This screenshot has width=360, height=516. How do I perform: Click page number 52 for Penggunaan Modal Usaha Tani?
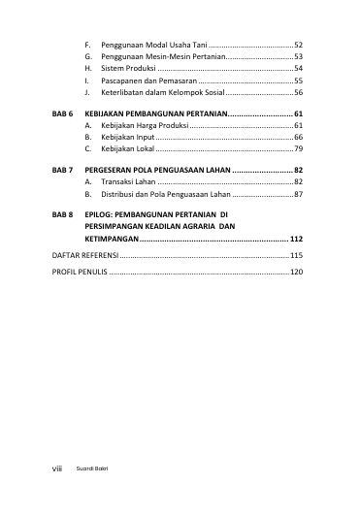click(x=299, y=46)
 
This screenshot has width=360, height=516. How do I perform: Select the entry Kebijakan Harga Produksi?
click(x=145, y=126)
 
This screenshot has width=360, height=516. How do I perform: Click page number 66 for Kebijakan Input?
click(x=299, y=138)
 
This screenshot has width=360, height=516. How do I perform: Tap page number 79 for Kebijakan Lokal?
click(x=299, y=150)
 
